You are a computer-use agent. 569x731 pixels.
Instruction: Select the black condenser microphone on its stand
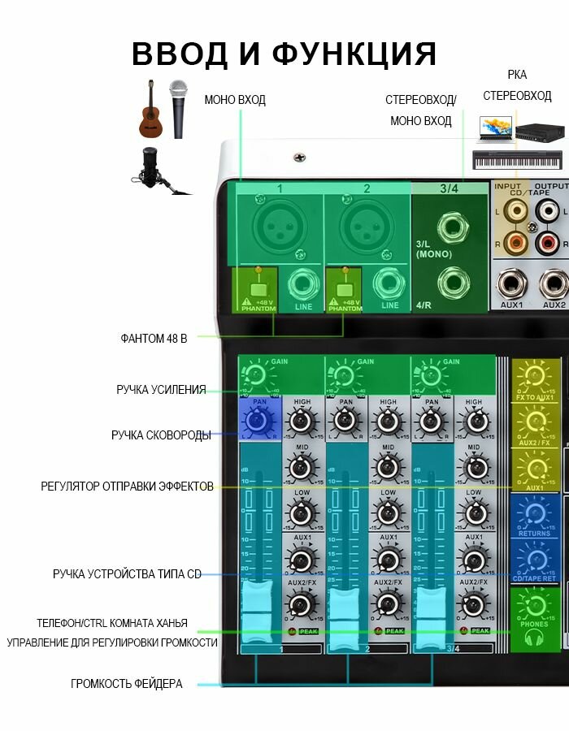(x=152, y=167)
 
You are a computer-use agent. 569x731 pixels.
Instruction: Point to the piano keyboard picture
(x=516, y=159)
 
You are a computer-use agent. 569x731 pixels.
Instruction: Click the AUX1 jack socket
(x=511, y=284)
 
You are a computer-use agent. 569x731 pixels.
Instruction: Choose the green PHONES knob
(x=534, y=607)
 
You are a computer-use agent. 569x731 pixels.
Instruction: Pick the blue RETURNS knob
(x=534, y=514)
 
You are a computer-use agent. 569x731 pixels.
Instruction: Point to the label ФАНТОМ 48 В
(x=154, y=338)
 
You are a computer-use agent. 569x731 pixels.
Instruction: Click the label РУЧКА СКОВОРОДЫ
(x=161, y=435)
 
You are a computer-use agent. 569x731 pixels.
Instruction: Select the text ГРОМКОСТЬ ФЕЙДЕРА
(x=126, y=684)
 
